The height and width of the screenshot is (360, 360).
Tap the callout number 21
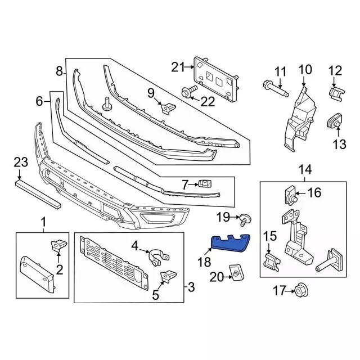click(x=178, y=67)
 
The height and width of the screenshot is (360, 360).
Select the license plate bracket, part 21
click(x=216, y=79)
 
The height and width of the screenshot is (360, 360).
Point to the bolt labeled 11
click(x=276, y=88)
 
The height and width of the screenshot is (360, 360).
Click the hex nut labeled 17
click(x=301, y=291)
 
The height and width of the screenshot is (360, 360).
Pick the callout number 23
click(x=21, y=162)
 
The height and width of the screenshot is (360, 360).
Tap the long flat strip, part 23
click(x=38, y=194)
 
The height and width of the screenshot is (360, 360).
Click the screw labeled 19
click(x=245, y=220)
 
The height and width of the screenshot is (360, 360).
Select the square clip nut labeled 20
click(x=237, y=272)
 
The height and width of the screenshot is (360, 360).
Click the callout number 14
click(x=305, y=170)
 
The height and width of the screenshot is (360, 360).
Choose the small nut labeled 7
click(x=205, y=184)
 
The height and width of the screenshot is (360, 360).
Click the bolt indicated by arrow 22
click(x=190, y=92)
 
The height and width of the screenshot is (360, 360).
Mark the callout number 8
click(x=59, y=71)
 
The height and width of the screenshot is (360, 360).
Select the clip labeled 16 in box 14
click(x=291, y=195)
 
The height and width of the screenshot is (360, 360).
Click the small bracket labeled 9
click(x=169, y=108)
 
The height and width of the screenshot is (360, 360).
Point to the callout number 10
click(x=305, y=70)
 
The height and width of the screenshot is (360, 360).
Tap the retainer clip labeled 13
click(x=334, y=120)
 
